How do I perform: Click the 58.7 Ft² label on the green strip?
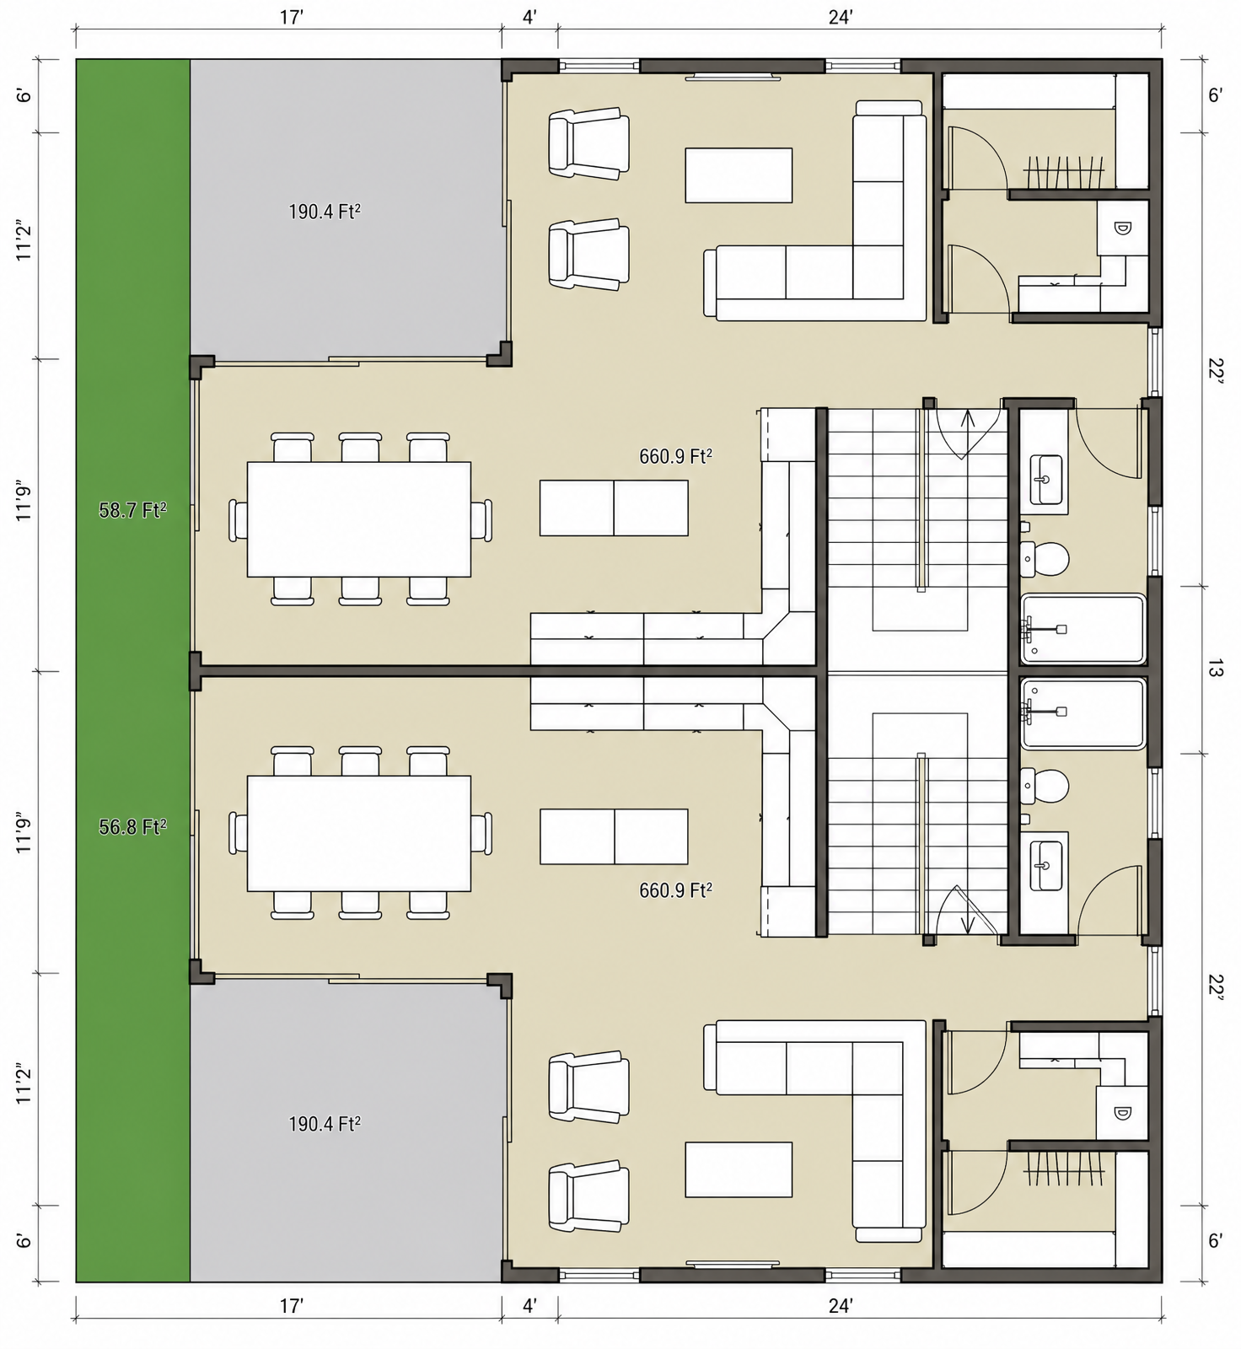coord(132,510)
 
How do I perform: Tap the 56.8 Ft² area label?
coord(132,827)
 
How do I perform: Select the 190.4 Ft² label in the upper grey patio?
coord(325,212)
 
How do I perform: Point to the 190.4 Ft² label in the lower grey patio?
coord(325,1124)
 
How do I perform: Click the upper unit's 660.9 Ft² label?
coord(675,457)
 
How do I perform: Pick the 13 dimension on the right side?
coord(1215,670)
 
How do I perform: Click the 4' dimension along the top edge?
coord(529,17)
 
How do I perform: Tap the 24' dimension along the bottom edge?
coord(841,1306)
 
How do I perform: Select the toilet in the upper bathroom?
coord(1045,557)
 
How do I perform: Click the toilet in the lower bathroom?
coord(1045,786)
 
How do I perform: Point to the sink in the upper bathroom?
coord(1045,480)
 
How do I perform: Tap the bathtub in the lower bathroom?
coord(1083,713)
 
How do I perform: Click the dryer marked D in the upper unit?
coord(1122,228)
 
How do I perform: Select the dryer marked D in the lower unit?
coord(1122,1113)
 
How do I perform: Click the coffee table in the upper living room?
coord(739,175)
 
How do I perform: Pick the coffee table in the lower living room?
coord(739,1169)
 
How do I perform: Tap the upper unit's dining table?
coord(359,519)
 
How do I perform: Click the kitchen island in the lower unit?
coord(614,836)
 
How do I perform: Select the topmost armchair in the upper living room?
coord(588,143)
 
